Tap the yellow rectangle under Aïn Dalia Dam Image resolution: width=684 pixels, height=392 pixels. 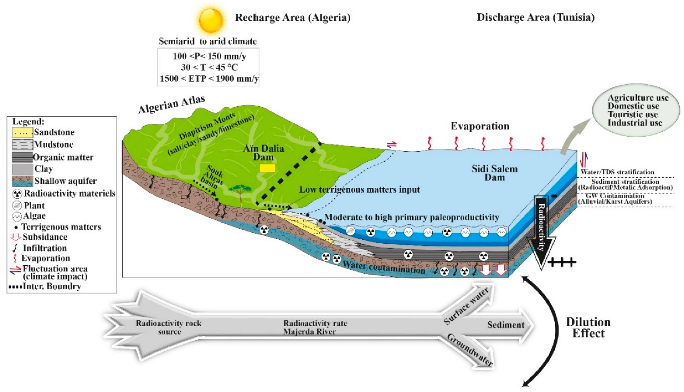[x=268, y=168]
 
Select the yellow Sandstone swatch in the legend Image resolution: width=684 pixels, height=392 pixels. [x=22, y=132]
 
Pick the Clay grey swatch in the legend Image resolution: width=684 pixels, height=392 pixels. [x=22, y=169]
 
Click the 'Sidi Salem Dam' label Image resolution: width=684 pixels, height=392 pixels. [x=494, y=173]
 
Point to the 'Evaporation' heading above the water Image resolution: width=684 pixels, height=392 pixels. [x=480, y=126]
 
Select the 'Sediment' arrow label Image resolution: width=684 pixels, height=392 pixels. [x=505, y=325]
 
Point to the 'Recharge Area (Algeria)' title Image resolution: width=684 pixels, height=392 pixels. [x=293, y=18]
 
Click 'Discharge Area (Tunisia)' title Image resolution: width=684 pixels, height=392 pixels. [x=536, y=17]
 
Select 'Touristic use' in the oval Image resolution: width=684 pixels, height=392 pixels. [x=633, y=114]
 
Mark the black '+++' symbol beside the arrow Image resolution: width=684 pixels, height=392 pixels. [x=562, y=261]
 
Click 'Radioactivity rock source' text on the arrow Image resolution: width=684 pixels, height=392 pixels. [x=169, y=327]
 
